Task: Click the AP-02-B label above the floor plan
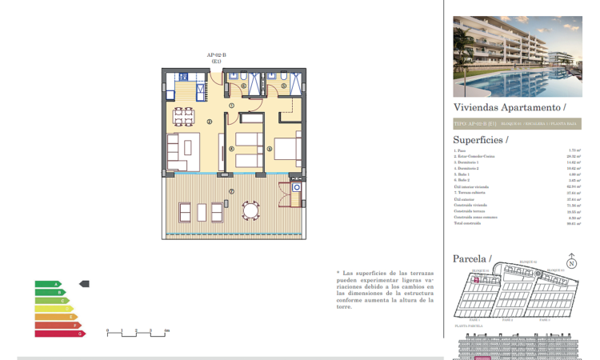click(217, 54)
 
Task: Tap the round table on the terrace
click(252, 212)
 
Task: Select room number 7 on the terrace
click(231, 191)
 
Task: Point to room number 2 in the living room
click(209, 122)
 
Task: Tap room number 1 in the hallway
click(231, 105)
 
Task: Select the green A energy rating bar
click(47, 284)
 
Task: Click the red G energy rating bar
click(59, 333)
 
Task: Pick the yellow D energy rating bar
click(53, 309)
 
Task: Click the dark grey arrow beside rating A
click(86, 283)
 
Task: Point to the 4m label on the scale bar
click(166, 330)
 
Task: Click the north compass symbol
click(571, 262)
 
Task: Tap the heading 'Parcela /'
click(472, 258)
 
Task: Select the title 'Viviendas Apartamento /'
click(510, 106)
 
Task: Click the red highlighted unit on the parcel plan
click(474, 280)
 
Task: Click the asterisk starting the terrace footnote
click(338, 273)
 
